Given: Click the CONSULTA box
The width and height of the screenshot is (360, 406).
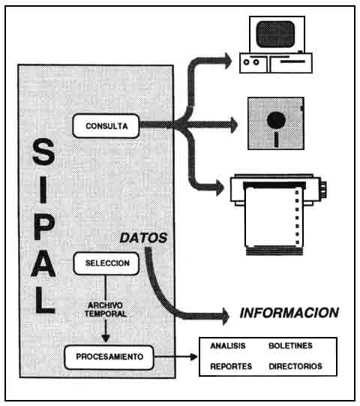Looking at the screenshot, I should tap(106, 125).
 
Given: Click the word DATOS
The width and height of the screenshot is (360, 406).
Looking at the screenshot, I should tap(143, 238).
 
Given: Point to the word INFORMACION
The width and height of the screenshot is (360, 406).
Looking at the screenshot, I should tap(289, 312).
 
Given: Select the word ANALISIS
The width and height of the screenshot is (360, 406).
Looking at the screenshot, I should tap(229, 347).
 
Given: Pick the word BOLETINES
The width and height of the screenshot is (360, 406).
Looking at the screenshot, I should tap(290, 347).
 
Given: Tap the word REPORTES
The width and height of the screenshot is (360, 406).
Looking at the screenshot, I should tap(229, 367).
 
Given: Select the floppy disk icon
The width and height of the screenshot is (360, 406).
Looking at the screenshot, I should tap(275, 124).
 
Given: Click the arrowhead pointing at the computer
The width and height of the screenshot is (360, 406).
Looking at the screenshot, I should tap(226, 58).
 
